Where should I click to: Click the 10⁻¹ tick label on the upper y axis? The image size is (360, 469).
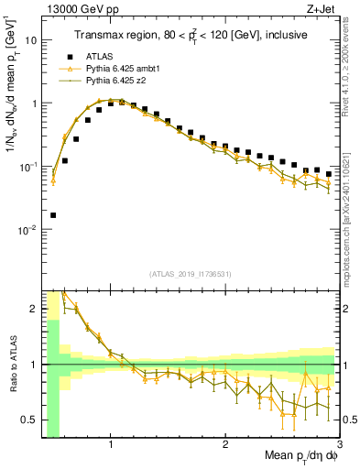click(x=28, y=167)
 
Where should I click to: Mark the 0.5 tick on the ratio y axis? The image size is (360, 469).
click(x=30, y=420)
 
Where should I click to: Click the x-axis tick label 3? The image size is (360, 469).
click(x=340, y=446)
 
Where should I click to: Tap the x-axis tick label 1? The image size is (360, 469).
click(x=111, y=446)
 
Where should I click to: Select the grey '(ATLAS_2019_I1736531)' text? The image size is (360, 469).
click(x=191, y=273)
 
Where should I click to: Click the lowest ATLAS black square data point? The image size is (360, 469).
click(x=53, y=215)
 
